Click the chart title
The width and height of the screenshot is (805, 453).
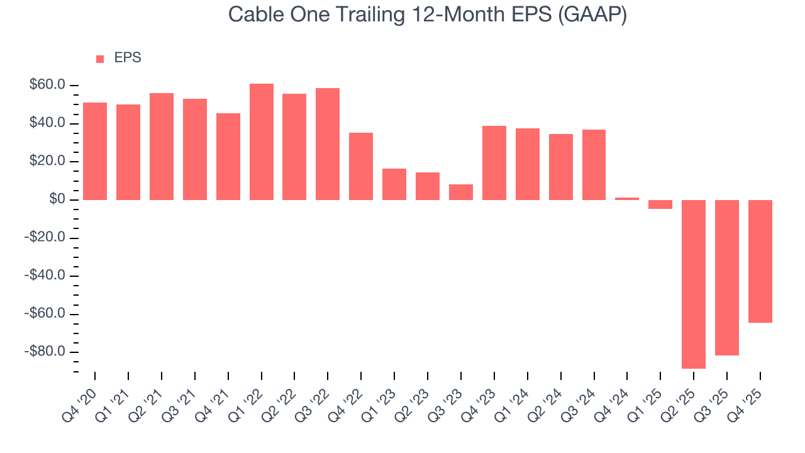pyautogui.click(x=428, y=14)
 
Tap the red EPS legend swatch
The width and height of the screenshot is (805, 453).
pyautogui.click(x=100, y=59)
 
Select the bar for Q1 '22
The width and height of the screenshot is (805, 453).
pyautogui.click(x=261, y=142)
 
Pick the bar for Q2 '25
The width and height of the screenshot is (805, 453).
pyautogui.click(x=694, y=284)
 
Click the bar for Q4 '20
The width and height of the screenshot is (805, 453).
pyautogui.click(x=95, y=151)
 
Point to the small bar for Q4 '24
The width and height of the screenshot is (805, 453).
pyautogui.click(x=627, y=199)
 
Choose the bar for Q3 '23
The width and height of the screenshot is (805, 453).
pyautogui.click(x=461, y=192)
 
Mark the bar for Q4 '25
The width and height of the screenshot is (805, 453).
pyautogui.click(x=760, y=261)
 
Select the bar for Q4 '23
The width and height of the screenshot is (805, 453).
pyautogui.click(x=494, y=163)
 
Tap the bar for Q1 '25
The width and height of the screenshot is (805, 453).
pyautogui.click(x=660, y=204)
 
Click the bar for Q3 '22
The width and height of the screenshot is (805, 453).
pyautogui.click(x=328, y=144)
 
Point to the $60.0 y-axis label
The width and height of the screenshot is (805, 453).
pyautogui.click(x=47, y=85)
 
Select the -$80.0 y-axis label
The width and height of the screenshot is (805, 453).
pyautogui.click(x=45, y=352)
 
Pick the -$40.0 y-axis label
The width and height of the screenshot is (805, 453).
pyautogui.click(x=45, y=276)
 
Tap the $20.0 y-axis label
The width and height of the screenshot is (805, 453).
pyautogui.click(x=47, y=161)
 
